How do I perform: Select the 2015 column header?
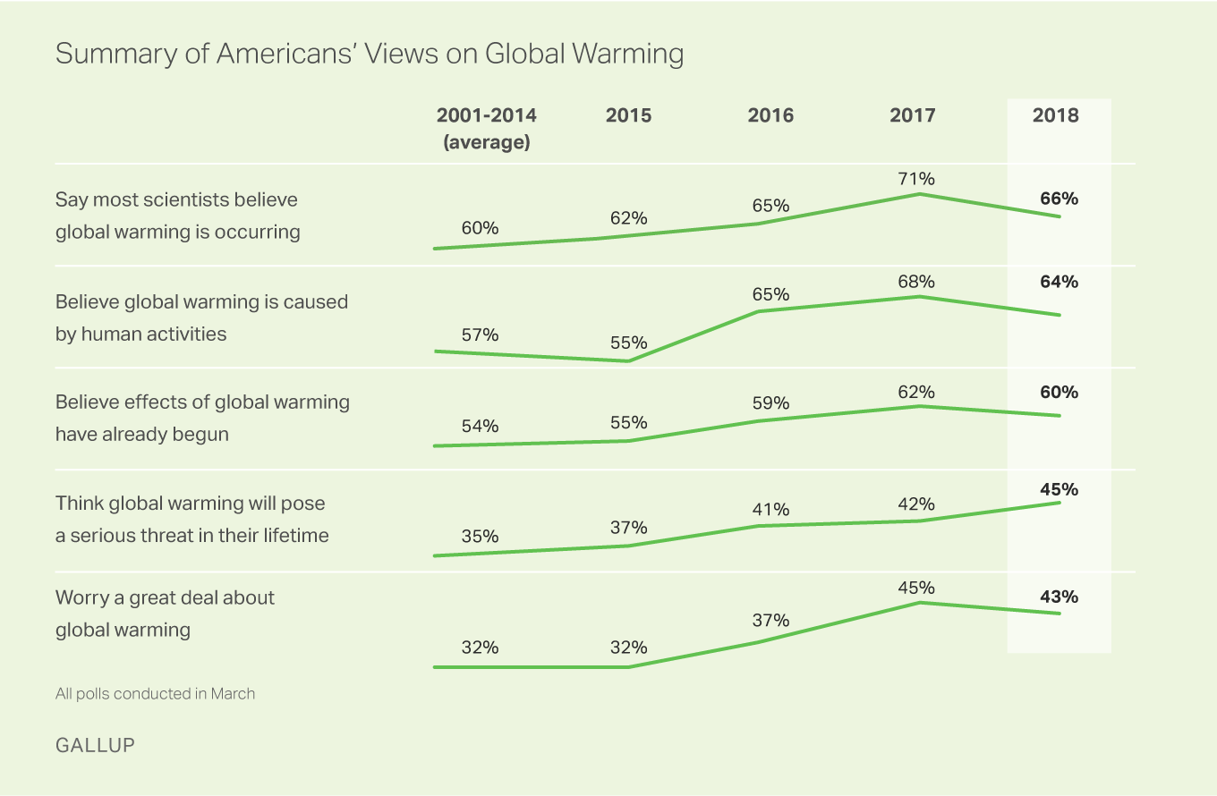point(628,115)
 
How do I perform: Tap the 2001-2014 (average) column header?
point(486,129)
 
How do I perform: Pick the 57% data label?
point(480,334)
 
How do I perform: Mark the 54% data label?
point(480,426)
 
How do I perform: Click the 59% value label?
point(770,402)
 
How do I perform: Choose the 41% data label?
point(770,509)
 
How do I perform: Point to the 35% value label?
point(480,537)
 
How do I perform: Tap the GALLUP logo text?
point(95,744)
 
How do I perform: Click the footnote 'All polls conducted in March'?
point(155,693)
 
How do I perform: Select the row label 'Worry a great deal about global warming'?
point(166,614)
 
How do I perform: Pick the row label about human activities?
point(201,318)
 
